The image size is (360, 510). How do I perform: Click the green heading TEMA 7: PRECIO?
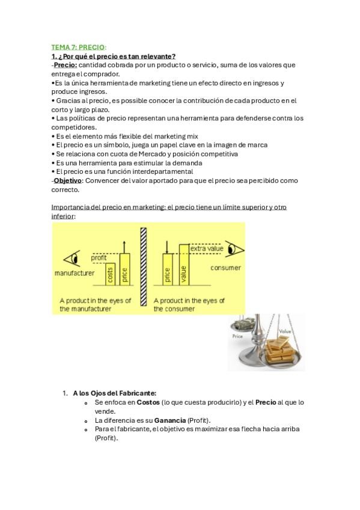tap(79, 48)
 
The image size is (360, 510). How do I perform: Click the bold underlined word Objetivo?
tap(69, 180)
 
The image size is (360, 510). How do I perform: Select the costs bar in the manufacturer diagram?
tap(110, 274)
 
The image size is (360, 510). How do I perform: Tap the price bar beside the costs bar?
tap(125, 269)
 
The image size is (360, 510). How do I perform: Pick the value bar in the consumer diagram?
tap(184, 265)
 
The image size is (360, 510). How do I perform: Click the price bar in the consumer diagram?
tap(168, 269)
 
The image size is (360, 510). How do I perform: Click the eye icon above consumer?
tap(234, 250)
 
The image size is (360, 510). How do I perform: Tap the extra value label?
tap(207, 248)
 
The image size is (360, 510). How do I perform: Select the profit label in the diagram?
tap(99, 257)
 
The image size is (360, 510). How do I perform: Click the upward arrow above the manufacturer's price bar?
tap(124, 247)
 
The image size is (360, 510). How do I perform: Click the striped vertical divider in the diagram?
tap(143, 266)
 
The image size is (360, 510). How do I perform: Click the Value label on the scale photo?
tap(285, 331)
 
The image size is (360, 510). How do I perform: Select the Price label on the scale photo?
tap(237, 336)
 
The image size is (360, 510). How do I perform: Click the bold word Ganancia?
tap(170, 420)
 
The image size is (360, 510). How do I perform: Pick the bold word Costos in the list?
tap(148, 402)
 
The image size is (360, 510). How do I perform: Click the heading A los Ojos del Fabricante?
tap(115, 393)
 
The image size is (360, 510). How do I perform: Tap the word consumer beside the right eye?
tap(225, 268)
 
